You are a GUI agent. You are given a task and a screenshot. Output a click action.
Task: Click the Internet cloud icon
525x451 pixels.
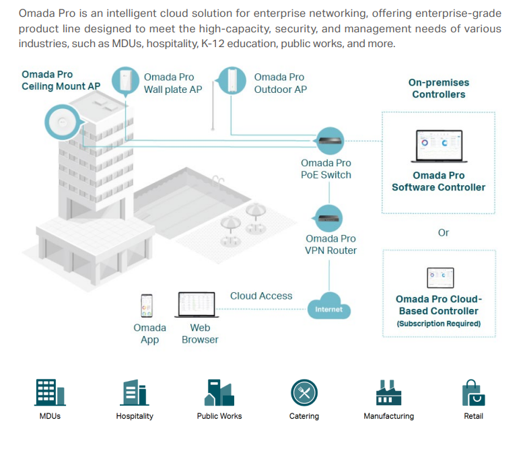(328, 307)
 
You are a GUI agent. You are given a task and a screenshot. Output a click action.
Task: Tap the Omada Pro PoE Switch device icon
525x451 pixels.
(329, 141)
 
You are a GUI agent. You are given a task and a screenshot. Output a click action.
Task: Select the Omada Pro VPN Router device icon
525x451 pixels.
(329, 217)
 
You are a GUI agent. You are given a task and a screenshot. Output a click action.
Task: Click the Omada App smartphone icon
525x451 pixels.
(146, 306)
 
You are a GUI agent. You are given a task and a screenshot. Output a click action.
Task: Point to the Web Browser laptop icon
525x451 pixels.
(197, 305)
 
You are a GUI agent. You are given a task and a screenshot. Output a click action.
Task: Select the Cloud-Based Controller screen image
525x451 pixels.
(440, 277)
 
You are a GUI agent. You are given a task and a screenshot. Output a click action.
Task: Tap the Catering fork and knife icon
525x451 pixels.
(304, 392)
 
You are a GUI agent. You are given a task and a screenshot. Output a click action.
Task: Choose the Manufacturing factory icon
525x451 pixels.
(388, 392)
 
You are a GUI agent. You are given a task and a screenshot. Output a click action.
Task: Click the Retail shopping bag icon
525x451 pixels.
(473, 392)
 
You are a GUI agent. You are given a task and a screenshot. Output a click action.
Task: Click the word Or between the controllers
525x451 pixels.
(444, 232)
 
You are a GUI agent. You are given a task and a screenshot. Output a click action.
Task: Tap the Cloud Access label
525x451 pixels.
(261, 296)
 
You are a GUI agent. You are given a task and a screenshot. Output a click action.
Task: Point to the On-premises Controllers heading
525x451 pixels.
(439, 88)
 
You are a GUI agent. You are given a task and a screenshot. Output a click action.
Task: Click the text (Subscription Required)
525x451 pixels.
(439, 324)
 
